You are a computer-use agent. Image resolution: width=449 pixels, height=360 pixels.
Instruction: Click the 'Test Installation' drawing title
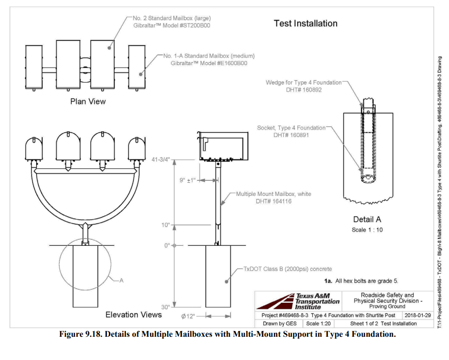305,23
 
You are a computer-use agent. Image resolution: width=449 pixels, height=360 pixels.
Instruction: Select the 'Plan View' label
88,101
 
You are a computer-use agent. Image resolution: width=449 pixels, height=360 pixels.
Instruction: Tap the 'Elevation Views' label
133,315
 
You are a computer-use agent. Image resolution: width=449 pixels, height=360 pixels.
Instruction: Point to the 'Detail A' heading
367,219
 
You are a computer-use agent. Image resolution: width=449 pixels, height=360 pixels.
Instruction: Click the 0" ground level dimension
167,245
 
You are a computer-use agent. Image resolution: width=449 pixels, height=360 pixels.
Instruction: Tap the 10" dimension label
166,225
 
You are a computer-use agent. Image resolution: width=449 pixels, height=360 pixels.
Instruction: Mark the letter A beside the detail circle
122,281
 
